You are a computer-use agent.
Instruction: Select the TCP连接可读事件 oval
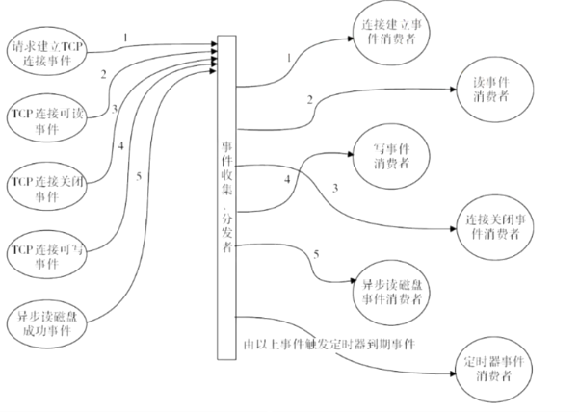(x=46, y=117)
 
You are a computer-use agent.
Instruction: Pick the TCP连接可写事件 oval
(x=46, y=255)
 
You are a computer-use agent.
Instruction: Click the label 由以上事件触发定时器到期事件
(x=328, y=344)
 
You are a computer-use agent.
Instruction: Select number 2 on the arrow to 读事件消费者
(x=308, y=100)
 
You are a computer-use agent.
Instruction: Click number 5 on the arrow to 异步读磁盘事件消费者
(x=315, y=254)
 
